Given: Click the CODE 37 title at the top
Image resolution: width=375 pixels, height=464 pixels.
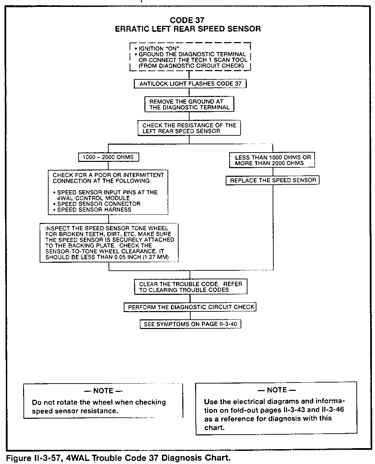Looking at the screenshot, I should [x=187, y=20].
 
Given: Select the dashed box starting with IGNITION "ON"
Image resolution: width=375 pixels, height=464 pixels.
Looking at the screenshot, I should [x=190, y=57].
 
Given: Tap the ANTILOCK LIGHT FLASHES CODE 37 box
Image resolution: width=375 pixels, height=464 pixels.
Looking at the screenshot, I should [x=190, y=84].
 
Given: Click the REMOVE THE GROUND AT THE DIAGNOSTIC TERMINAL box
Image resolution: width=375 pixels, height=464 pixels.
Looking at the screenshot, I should [x=189, y=104].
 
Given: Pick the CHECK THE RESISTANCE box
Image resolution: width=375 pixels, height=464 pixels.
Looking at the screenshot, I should [x=189, y=128].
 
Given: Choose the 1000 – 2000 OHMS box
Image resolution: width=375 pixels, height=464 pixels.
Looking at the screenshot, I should [x=108, y=157].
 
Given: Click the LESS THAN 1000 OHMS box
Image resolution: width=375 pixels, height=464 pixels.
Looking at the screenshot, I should [x=272, y=160].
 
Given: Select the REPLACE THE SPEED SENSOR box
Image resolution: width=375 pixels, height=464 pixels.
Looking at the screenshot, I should [x=273, y=180].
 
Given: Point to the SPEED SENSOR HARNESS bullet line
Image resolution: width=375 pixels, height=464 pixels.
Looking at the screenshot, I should [x=94, y=210].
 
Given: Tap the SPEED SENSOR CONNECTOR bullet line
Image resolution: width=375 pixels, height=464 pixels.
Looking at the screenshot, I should [x=99, y=204].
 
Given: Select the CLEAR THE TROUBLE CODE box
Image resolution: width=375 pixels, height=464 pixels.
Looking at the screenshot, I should [x=190, y=287].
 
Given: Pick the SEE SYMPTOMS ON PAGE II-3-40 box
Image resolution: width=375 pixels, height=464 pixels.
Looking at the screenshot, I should [x=190, y=324].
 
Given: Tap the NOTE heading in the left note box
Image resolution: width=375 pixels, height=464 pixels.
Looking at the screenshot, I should [x=103, y=391].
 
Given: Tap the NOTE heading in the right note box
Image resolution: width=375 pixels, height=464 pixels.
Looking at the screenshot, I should [x=276, y=390].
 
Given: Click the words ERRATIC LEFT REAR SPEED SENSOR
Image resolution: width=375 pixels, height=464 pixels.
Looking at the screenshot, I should [x=187, y=29].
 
